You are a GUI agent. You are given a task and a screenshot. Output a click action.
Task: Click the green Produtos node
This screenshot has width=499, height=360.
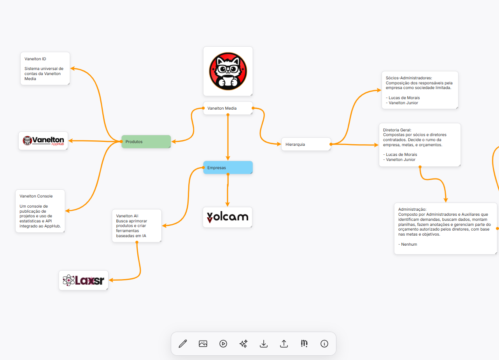click(146, 142)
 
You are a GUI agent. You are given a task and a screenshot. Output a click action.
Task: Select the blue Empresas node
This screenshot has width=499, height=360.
click(228, 167)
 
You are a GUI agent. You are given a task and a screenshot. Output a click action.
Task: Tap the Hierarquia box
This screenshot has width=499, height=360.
click(306, 144)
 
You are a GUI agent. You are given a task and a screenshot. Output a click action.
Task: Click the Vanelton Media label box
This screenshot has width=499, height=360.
click(228, 108)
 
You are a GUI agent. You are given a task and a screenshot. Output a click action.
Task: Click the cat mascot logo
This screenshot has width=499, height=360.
click(228, 71)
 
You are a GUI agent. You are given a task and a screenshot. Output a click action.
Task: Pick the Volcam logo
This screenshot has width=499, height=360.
click(228, 217)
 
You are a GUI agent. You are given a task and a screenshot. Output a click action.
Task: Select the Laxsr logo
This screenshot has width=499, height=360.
click(84, 280)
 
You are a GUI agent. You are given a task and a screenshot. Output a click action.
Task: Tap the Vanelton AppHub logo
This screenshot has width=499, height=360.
click(43, 140)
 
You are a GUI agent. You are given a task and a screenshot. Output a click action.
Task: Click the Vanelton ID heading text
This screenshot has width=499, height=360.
click(35, 59)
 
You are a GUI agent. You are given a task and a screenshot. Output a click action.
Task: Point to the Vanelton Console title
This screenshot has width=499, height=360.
click(36, 196)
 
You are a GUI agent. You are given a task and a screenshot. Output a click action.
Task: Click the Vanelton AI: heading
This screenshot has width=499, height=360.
click(128, 216)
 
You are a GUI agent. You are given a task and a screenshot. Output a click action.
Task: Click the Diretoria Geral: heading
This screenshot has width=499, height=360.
click(397, 130)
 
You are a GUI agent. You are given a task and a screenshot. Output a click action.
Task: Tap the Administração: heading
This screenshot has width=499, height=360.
click(412, 209)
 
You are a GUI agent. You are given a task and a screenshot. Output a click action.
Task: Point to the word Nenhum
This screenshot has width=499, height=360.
click(409, 245)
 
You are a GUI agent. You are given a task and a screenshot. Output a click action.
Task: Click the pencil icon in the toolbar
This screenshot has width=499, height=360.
click(183, 344)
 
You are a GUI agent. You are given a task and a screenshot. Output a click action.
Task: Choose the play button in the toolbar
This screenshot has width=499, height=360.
click(223, 344)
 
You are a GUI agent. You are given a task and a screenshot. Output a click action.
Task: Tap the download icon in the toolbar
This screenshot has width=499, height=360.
click(264, 344)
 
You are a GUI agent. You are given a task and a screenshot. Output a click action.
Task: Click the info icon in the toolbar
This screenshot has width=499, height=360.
click(324, 344)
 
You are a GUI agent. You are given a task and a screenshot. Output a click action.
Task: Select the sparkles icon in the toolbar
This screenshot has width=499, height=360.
click(243, 344)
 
